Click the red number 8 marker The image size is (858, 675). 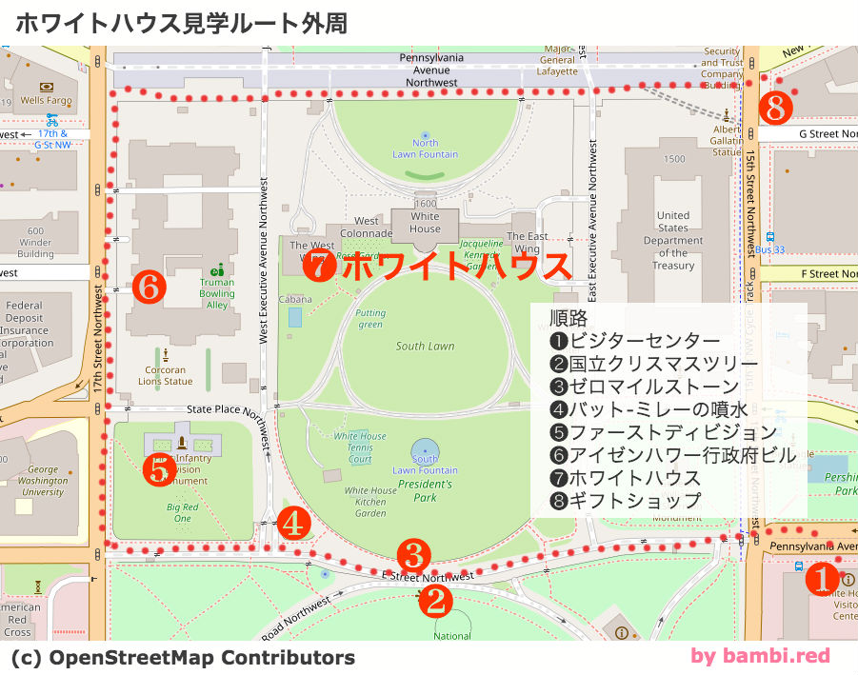tap(775, 109)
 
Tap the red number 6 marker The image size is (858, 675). tap(150, 285)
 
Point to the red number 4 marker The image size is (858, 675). tap(294, 522)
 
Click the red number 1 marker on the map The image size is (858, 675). tap(821, 578)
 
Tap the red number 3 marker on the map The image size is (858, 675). tap(414, 553)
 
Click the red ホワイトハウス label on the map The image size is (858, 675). tap(455, 268)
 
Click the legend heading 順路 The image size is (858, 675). tap(569, 318)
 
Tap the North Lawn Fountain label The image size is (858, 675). tap(425, 149)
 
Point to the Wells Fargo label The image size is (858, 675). tap(46, 100)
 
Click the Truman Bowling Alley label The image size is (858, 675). tap(217, 293)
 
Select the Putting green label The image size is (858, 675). tap(370, 318)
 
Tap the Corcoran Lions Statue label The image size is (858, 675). tap(166, 376)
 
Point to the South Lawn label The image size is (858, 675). tap(425, 347)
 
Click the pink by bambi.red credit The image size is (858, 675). tap(760, 655)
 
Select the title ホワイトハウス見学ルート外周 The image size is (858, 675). tap(181, 23)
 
